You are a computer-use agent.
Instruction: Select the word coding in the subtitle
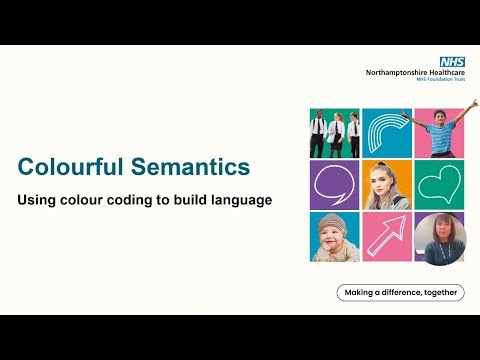(128, 200)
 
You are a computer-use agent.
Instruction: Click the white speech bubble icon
(333, 184)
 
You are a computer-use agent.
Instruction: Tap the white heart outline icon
(438, 184)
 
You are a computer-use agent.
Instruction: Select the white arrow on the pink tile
(386, 237)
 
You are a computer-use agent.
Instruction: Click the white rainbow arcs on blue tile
(386, 132)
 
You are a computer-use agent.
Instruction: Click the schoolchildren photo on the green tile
(334, 132)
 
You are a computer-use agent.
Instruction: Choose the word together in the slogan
(438, 293)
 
